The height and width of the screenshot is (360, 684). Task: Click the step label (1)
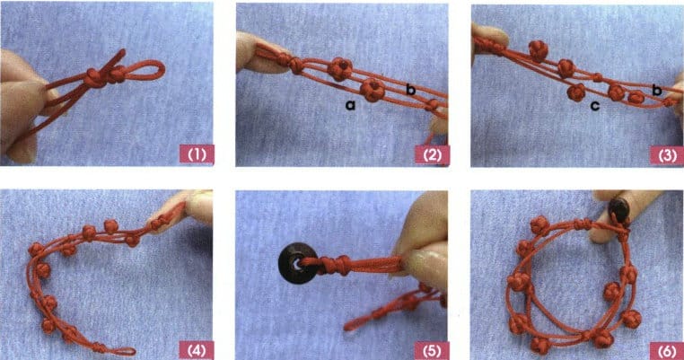click(x=196, y=155)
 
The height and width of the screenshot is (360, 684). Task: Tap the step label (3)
click(x=664, y=155)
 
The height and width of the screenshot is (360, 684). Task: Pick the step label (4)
click(x=196, y=346)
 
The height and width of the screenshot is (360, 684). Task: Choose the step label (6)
click(x=664, y=346)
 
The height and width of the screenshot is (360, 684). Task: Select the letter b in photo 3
click(x=656, y=90)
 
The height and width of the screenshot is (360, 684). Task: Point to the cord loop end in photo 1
click(x=153, y=71)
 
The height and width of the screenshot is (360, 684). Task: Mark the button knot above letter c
click(x=576, y=91)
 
